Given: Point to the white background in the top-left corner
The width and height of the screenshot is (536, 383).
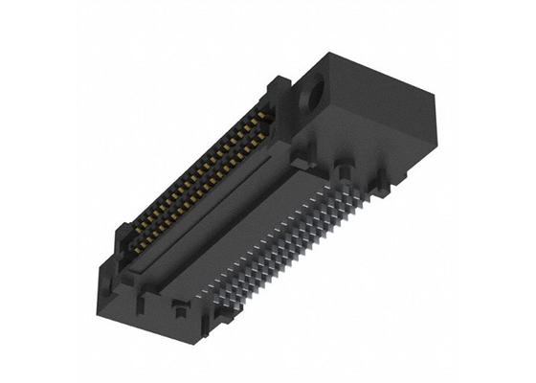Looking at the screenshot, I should tap(29, 29).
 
